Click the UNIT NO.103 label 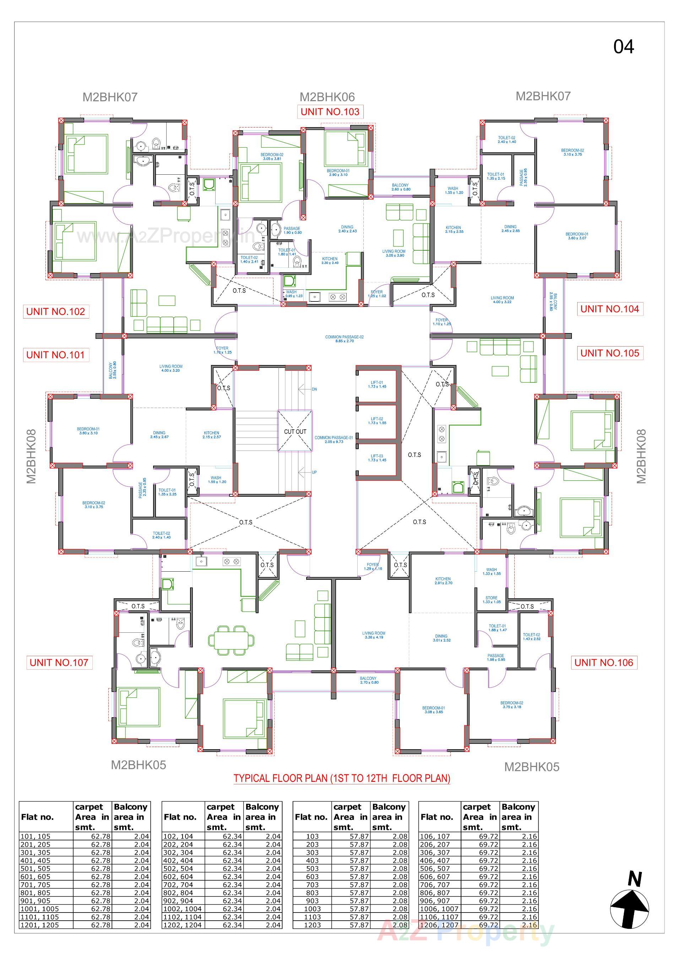click(330, 112)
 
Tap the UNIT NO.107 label click(59, 663)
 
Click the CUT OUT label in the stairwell click(295, 432)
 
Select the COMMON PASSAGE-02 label click(344, 339)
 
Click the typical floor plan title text click(342, 778)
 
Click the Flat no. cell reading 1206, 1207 click(439, 925)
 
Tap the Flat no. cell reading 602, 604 click(178, 877)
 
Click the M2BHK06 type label click(327, 97)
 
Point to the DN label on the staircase click(314, 389)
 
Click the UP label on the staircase click(314, 472)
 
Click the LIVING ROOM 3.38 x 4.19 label click(373, 635)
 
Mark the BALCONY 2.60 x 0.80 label click(401, 187)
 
